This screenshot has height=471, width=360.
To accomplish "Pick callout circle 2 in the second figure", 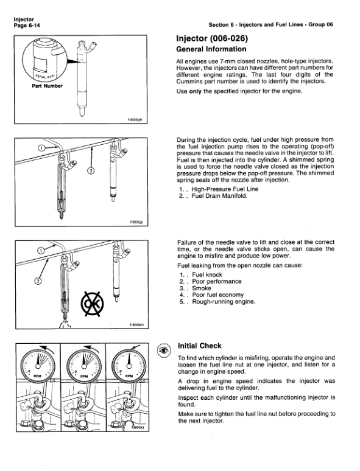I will pos(90,171).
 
